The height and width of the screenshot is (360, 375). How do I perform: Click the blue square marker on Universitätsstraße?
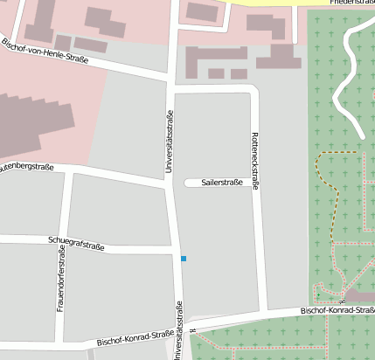[184, 259]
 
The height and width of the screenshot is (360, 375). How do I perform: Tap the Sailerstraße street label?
[222, 183]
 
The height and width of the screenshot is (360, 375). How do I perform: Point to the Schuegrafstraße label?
[76, 244]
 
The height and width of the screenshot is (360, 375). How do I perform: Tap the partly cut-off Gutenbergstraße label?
[26, 166]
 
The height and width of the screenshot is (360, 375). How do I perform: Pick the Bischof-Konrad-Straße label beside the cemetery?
[337, 310]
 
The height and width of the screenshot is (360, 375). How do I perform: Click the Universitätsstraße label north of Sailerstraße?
[168, 145]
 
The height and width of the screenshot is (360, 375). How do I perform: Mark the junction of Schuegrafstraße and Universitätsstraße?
[177, 252]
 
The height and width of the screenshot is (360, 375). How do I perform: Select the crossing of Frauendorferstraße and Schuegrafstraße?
[64, 240]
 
